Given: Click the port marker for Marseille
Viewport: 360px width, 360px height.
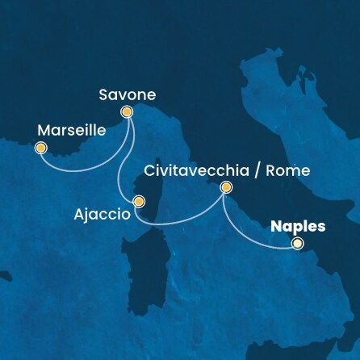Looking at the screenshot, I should tap(41, 148).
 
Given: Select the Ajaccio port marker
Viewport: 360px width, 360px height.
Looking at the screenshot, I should tap(139, 202).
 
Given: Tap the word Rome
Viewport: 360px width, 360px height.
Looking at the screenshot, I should tap(288, 171).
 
